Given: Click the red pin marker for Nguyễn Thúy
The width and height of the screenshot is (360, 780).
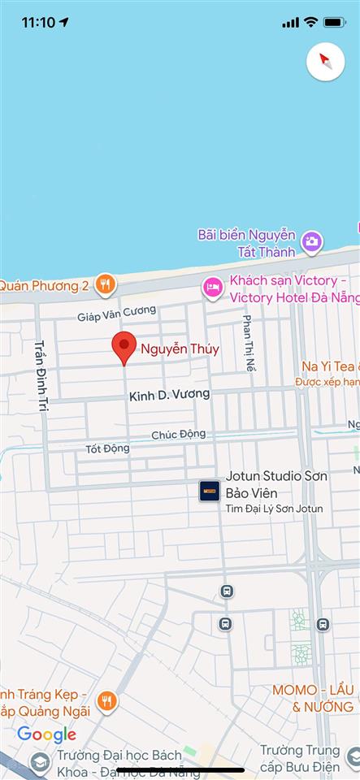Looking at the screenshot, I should (x=124, y=347).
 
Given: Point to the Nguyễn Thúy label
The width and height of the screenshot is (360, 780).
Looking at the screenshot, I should (x=180, y=349).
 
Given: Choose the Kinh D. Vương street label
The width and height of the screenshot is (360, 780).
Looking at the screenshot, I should (x=169, y=395).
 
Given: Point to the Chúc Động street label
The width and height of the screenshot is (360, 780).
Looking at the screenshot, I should (x=178, y=435).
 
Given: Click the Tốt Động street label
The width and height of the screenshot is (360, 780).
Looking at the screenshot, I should (x=107, y=448).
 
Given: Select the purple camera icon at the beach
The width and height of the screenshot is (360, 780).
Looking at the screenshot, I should (x=311, y=241).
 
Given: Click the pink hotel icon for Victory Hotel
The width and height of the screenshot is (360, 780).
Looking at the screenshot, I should (x=213, y=287).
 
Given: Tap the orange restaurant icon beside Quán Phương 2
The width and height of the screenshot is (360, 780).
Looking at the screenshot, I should (x=105, y=284).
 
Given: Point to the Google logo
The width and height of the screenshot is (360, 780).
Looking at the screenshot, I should (x=46, y=735).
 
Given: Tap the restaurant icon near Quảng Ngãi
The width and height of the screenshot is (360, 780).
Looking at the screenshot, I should (x=106, y=700).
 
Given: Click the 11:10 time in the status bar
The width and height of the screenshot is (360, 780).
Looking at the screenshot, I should (x=39, y=22).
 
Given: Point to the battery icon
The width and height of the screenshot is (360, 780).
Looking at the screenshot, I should (x=334, y=22).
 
